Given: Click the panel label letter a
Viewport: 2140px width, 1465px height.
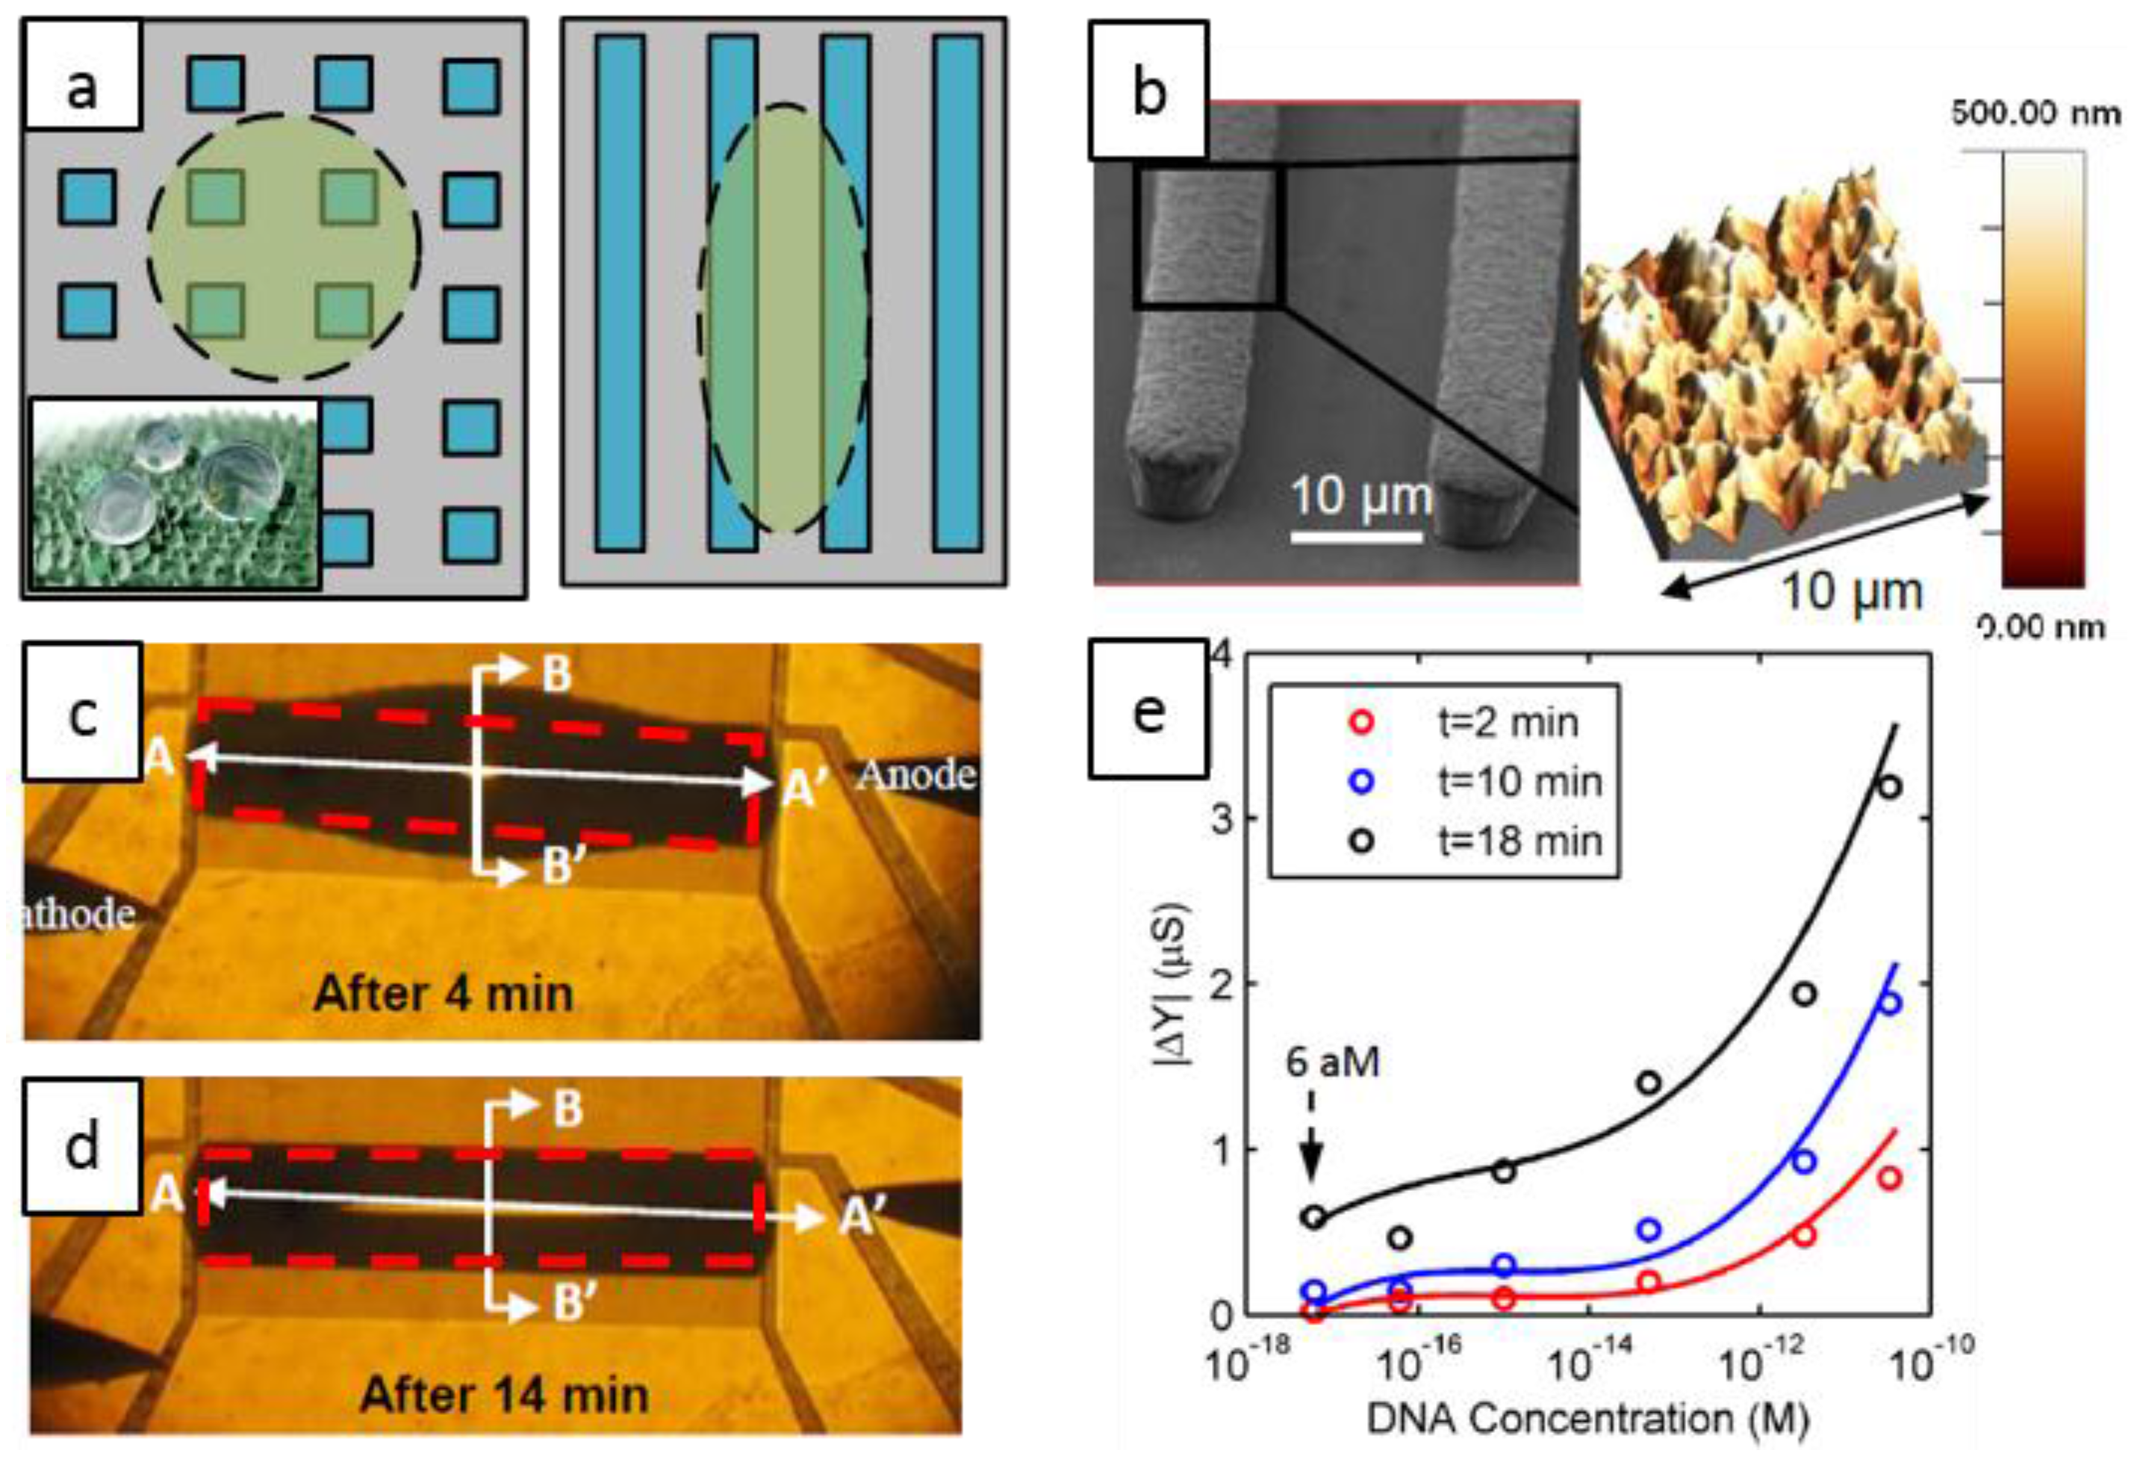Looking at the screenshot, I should pyautogui.click(x=82, y=90).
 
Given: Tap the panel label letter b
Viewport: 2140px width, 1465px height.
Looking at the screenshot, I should pyautogui.click(x=1148, y=92).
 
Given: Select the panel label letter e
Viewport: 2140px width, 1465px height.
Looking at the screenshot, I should pyautogui.click(x=1148, y=712).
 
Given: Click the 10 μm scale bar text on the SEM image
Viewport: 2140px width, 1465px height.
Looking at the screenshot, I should pyautogui.click(x=1361, y=497).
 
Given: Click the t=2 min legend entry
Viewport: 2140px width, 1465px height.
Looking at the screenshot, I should pyautogui.click(x=1508, y=723).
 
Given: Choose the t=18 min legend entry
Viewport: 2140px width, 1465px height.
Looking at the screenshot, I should pyautogui.click(x=1520, y=841).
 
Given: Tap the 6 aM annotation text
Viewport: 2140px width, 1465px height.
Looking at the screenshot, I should pyautogui.click(x=1332, y=1063).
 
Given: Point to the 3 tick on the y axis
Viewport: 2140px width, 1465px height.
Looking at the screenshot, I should pyautogui.click(x=1222, y=818).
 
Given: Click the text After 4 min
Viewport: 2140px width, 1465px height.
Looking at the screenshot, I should pyautogui.click(x=443, y=995).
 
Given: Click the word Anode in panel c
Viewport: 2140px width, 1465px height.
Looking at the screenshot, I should pyautogui.click(x=915, y=775).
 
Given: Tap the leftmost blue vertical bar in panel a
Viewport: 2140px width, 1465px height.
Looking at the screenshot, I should pyautogui.click(x=619, y=293).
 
